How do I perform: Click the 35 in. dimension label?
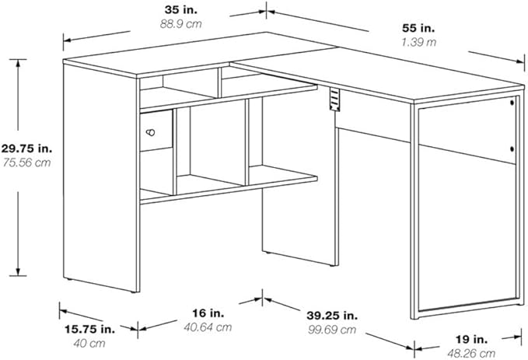point(181,10)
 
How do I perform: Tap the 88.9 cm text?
point(181,24)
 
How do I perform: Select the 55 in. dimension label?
point(418,28)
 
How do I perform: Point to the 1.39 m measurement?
point(418,42)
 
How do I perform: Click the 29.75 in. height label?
point(26,149)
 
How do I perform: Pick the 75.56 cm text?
point(26,163)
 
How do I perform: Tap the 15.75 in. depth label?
point(89,329)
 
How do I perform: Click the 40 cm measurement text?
point(89,343)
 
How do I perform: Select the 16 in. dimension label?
point(208,313)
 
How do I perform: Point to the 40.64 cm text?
point(208,327)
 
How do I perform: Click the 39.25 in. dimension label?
point(332,316)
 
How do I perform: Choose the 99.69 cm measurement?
point(332,330)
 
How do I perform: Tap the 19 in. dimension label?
point(471,339)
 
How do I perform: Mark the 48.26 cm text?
point(471,353)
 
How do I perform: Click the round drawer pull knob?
point(151,132)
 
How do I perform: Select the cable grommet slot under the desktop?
point(334,100)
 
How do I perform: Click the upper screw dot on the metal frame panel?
point(512,102)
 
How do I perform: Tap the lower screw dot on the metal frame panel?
point(512,149)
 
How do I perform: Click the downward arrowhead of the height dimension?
point(18,272)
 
